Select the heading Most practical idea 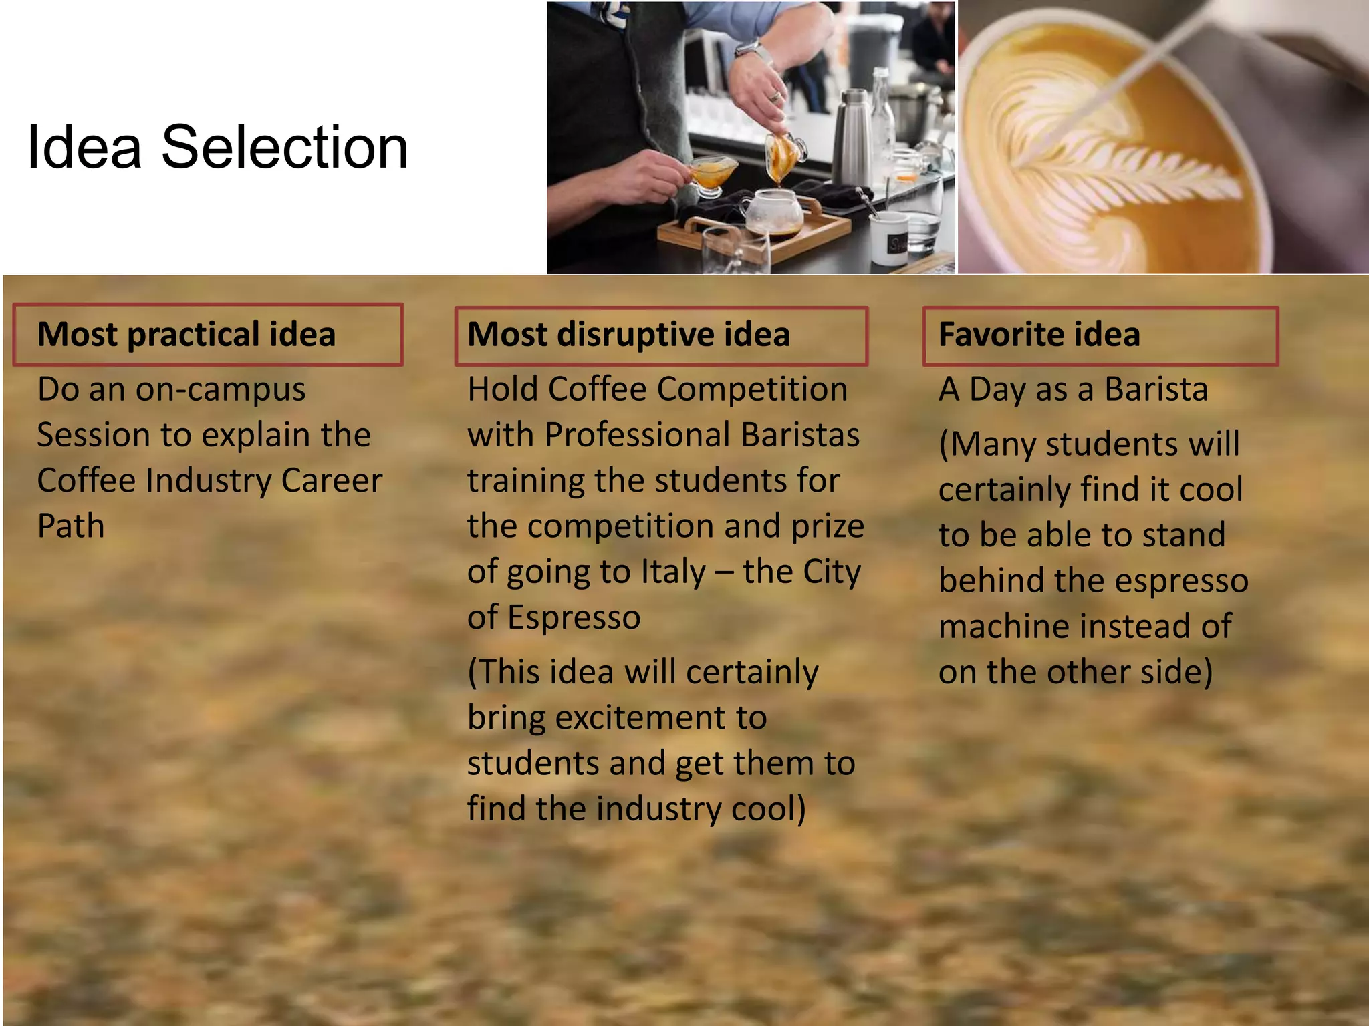[x=186, y=334]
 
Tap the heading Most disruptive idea [x=628, y=334]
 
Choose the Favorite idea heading [x=1039, y=334]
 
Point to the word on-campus [x=221, y=390]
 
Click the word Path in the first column [x=71, y=526]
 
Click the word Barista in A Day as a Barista [x=1156, y=390]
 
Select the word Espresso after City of [x=574, y=618]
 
